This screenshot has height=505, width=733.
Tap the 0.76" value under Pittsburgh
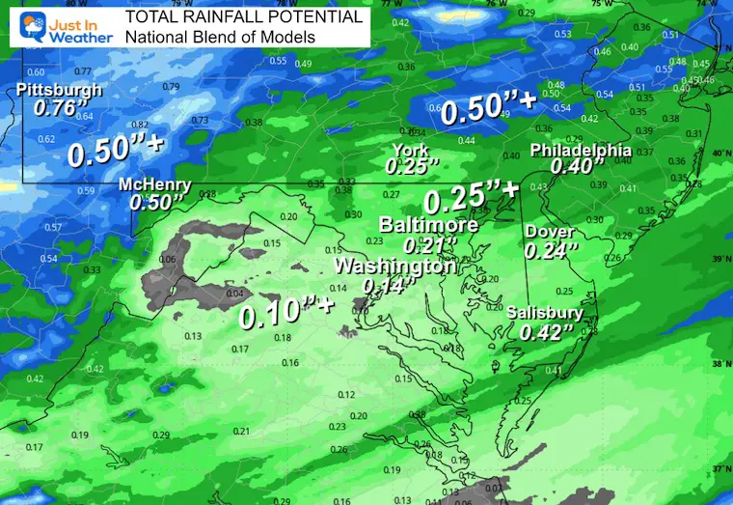point(54,108)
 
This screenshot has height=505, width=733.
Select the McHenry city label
point(154,185)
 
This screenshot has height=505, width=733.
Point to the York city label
point(411,150)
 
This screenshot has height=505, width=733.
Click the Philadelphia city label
point(581,151)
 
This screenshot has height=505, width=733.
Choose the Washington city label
point(394,266)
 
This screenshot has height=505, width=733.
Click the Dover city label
point(550,233)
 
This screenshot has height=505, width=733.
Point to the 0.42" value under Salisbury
point(547,331)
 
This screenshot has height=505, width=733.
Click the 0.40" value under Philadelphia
point(570,166)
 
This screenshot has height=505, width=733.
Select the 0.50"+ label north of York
point(488,112)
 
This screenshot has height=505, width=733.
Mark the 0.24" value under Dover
point(551,250)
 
